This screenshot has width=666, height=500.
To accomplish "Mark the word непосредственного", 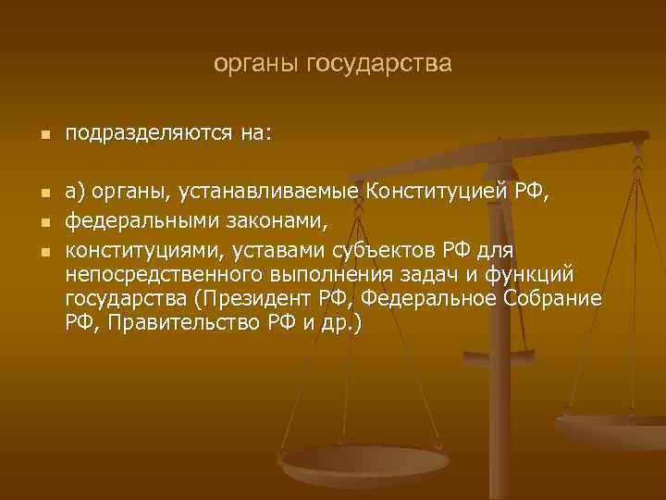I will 164,275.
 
